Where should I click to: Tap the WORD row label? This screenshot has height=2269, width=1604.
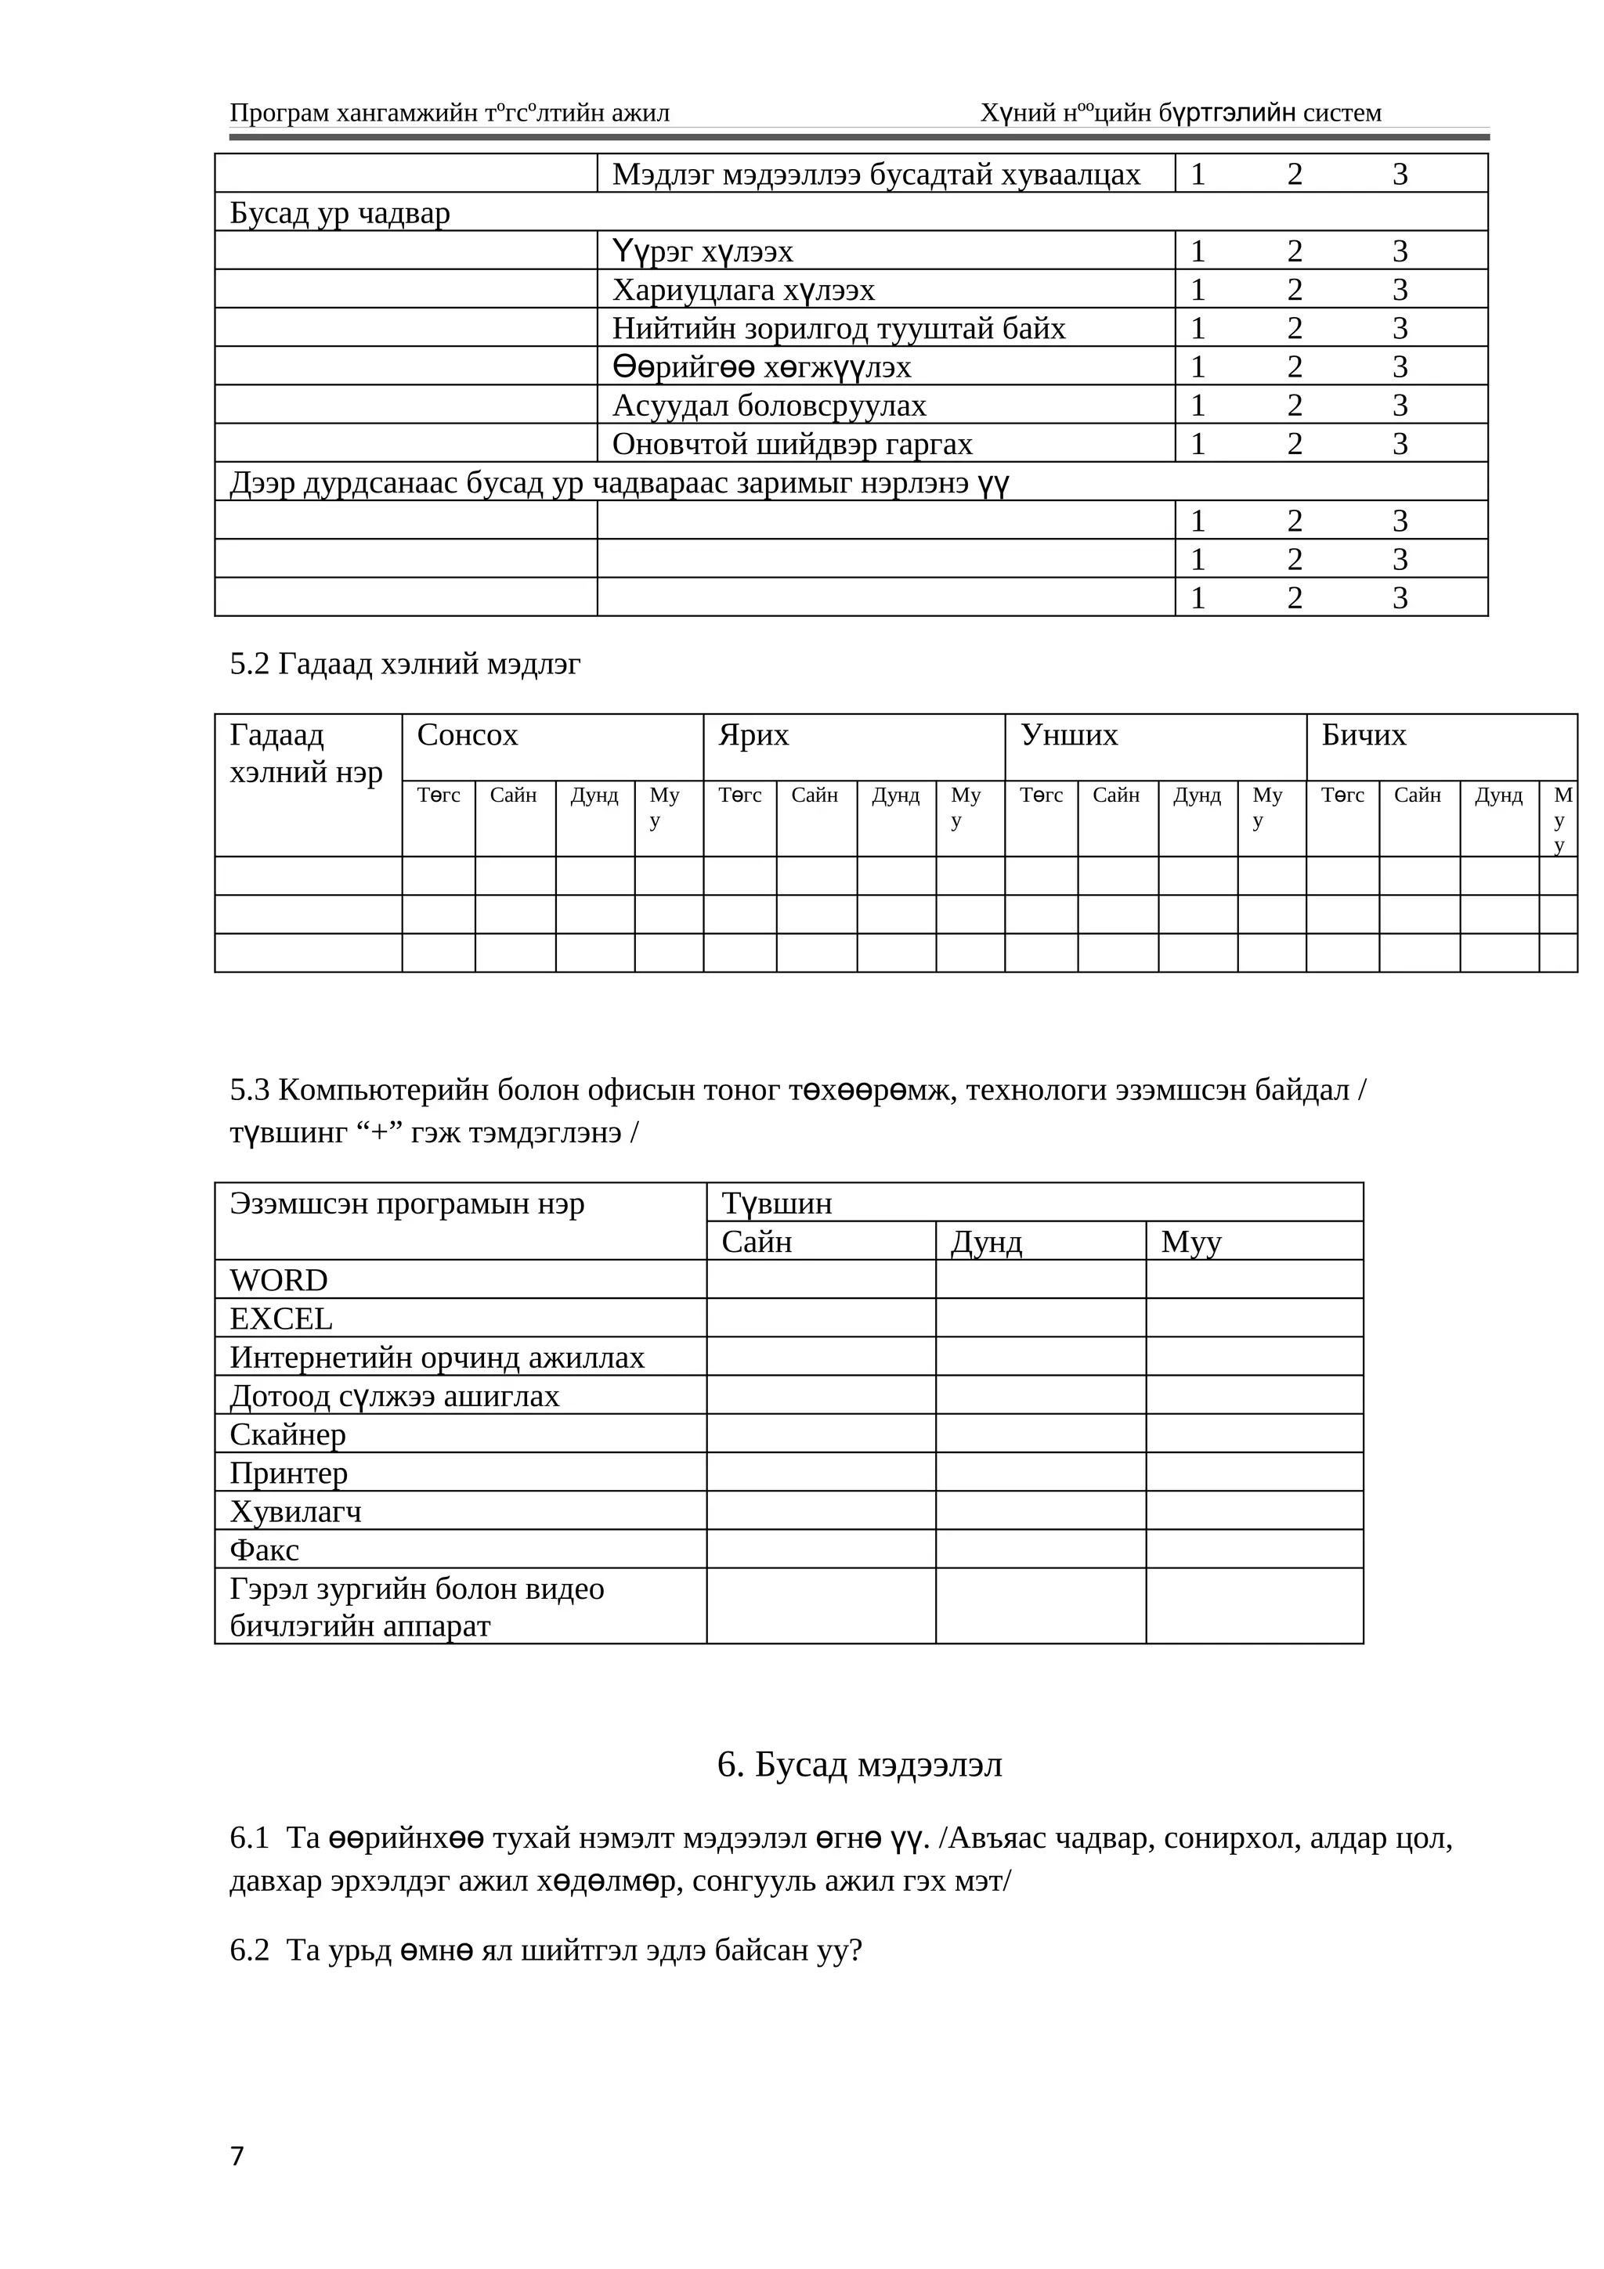279,1280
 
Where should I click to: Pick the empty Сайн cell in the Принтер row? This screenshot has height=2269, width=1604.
820,1473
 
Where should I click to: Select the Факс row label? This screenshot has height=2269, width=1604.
264,1549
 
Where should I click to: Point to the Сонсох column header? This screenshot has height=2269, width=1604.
468,735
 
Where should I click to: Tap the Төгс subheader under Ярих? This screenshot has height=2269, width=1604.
739,795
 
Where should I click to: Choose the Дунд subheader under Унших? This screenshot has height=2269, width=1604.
1197,795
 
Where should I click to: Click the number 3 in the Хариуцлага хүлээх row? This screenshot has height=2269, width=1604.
1400,290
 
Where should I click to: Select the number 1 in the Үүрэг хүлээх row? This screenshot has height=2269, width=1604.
1198,251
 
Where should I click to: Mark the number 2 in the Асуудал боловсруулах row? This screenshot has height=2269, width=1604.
1295,406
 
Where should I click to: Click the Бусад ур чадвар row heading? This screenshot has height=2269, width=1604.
340,212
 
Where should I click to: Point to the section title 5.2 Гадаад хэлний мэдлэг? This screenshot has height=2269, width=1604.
405,664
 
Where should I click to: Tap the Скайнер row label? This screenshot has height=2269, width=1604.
287,1434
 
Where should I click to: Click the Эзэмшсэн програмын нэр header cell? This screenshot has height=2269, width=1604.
407,1203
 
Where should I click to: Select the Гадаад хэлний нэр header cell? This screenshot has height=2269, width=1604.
305,753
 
